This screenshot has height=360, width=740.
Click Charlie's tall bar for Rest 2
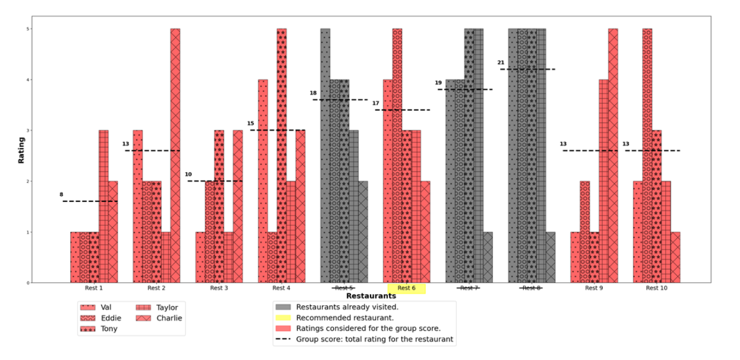175,154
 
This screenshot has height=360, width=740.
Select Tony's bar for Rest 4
282,154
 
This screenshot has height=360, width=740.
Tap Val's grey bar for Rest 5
325,154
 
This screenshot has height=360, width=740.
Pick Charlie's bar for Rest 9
613,154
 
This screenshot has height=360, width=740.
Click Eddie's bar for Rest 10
647,154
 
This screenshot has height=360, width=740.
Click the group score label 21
501,62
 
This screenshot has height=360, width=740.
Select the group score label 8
61,194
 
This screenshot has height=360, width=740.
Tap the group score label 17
375,103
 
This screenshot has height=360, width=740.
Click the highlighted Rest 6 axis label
406,288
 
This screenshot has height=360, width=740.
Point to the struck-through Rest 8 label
531,288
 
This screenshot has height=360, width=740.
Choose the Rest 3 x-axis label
219,288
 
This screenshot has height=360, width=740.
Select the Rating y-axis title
21,150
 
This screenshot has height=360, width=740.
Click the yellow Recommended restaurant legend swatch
283,318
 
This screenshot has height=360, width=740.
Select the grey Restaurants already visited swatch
283,307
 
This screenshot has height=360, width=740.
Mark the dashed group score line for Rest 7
465,89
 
